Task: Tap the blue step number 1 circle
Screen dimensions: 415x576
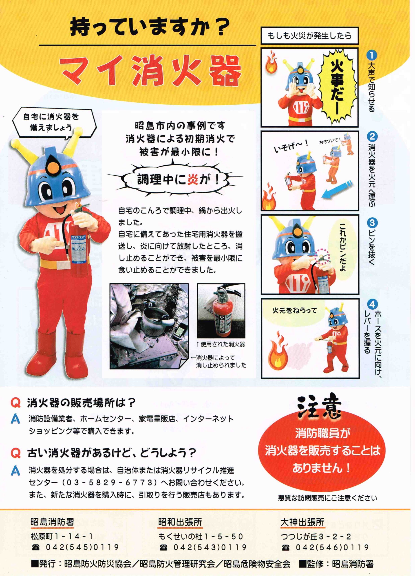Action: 372,55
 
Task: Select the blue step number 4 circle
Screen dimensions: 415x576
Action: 372,304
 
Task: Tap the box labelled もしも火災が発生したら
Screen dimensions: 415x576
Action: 309,36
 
